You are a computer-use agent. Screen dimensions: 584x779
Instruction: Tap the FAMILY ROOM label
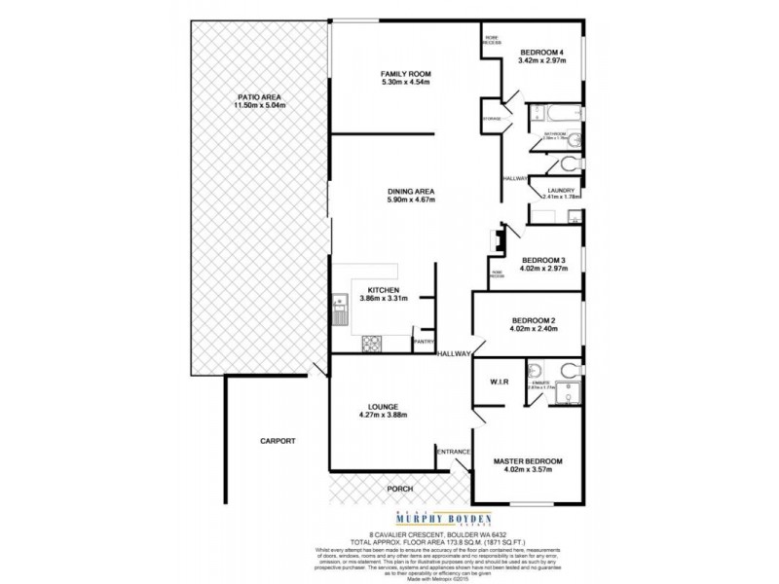tap(405, 74)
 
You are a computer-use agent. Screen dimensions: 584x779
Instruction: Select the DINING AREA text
tap(411, 192)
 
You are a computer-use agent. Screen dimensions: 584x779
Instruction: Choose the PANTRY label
tap(424, 342)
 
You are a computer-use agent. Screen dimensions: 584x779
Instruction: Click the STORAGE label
tap(494, 118)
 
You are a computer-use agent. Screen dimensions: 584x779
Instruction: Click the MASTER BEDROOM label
tap(530, 460)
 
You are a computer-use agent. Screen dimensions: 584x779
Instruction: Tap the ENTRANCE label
tap(454, 452)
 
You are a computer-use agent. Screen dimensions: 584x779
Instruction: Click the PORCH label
tap(399, 491)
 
